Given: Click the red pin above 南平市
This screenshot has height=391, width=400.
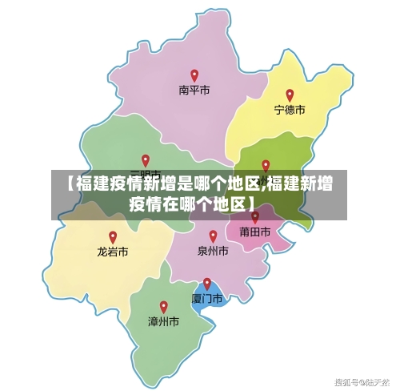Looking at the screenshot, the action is tap(194, 75).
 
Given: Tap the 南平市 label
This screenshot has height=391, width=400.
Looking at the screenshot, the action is tap(194, 91).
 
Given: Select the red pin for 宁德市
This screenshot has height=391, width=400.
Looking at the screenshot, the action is tap(290, 95).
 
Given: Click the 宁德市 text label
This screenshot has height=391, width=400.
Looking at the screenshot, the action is tap(290, 110).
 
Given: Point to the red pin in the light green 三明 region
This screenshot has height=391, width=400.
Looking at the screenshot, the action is tap(146, 160).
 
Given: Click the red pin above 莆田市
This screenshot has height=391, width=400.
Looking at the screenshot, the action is tap(255, 217).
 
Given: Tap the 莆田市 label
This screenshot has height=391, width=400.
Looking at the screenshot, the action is tap(255, 232).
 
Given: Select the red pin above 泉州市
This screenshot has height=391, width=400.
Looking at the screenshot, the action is tap(213, 236).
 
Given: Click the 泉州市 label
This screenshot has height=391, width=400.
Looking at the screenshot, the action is tap(213, 251).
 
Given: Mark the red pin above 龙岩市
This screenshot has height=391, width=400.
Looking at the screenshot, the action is tap(113, 237).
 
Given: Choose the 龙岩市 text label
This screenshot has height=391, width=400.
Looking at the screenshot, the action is tap(113, 252).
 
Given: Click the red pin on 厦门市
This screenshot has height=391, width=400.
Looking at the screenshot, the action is tap(207, 284).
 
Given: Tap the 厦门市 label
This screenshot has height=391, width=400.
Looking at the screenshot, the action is tap(206, 298).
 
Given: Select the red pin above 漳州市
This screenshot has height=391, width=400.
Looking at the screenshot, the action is tap(163, 306).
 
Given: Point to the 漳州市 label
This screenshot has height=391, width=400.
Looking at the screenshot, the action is tap(163, 321).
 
